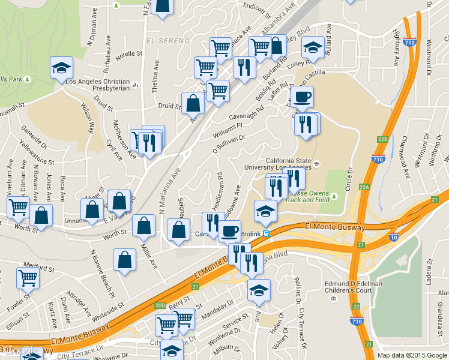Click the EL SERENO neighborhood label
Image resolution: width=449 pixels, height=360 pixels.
click(x=167, y=41)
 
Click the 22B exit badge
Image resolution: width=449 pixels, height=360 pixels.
click(x=384, y=139)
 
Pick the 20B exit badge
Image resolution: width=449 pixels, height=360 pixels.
click(x=160, y=305)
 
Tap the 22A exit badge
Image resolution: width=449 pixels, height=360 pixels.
click(x=364, y=187)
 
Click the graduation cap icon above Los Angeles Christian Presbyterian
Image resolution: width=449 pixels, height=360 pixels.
click(x=61, y=67)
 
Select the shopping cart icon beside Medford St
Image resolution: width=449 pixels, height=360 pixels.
click(x=28, y=277)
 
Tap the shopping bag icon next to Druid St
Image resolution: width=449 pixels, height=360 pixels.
click(x=193, y=103)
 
